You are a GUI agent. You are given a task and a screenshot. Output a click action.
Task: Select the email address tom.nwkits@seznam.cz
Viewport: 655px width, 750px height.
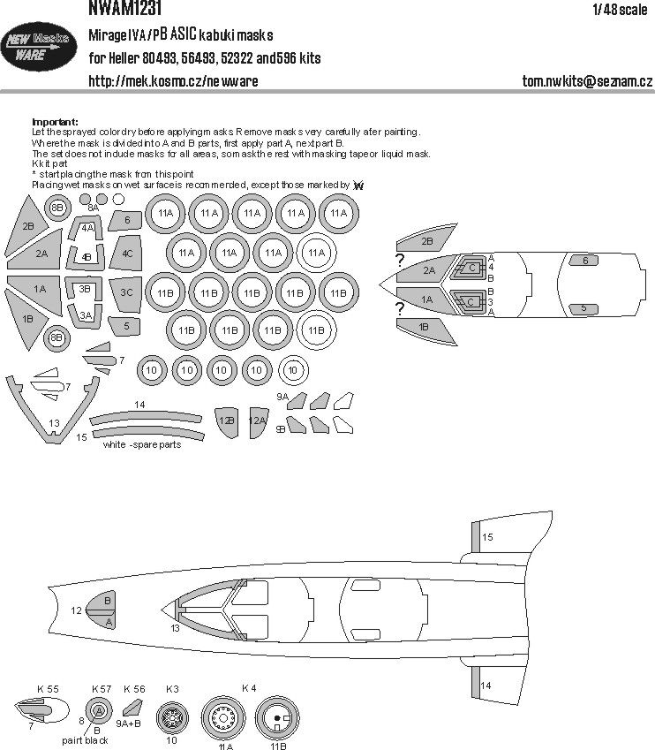(586, 82)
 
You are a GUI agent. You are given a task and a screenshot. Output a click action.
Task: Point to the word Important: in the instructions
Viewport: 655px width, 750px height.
(55, 122)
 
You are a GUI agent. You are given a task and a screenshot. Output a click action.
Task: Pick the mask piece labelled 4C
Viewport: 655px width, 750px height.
(127, 253)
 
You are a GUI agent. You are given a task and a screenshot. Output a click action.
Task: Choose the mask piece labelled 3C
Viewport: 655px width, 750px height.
(126, 292)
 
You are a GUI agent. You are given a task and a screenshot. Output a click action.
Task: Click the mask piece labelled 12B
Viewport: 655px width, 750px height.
(227, 421)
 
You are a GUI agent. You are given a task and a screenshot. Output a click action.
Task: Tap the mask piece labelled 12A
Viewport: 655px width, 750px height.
(257, 421)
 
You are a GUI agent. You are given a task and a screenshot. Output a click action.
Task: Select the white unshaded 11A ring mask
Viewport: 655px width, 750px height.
(316, 253)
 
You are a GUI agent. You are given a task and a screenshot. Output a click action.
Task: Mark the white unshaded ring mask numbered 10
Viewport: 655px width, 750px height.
(294, 370)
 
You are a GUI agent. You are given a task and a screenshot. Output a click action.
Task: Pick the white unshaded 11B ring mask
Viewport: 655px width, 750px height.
(316, 331)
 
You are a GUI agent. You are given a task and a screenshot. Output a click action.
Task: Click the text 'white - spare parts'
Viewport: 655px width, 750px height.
(142, 444)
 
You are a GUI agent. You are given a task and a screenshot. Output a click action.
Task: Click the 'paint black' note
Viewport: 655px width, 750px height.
(86, 740)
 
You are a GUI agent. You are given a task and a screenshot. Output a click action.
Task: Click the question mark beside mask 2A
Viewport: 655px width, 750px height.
(400, 261)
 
